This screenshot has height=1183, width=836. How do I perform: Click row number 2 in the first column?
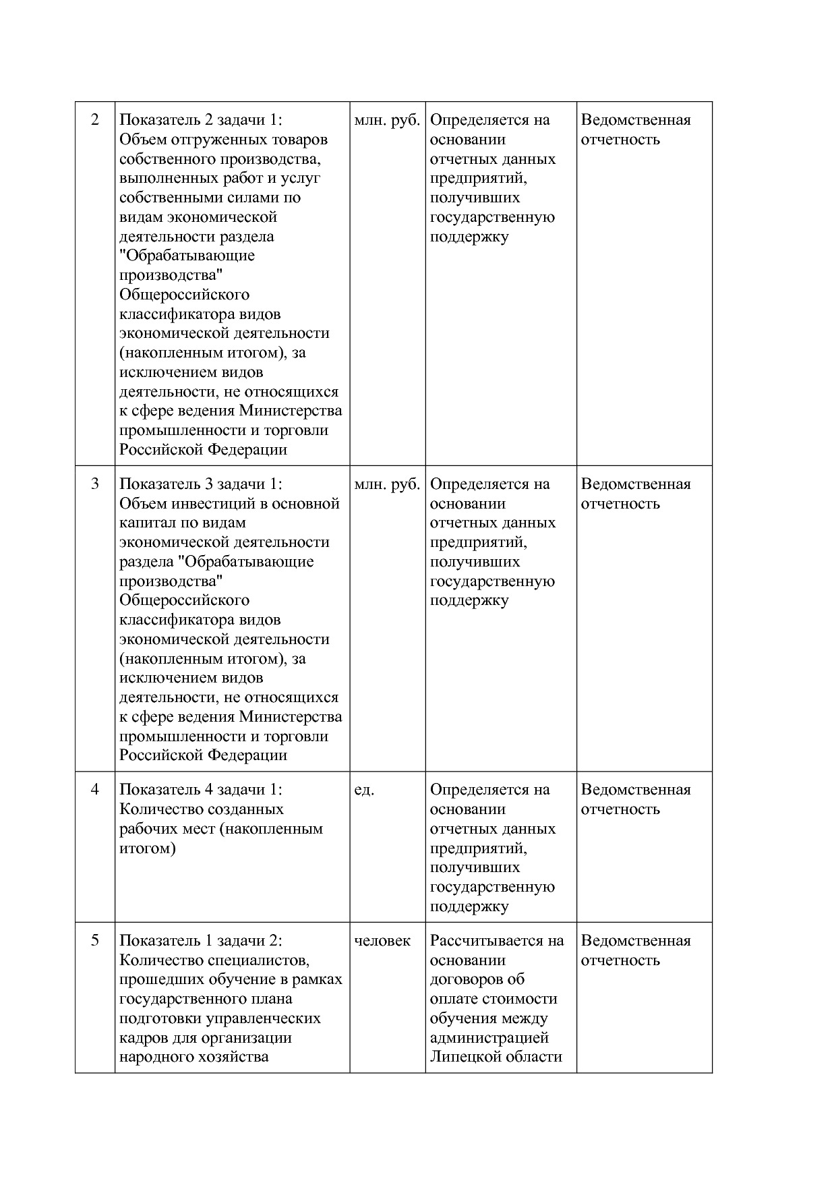(94, 120)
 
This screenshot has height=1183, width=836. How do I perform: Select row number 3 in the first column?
(94, 484)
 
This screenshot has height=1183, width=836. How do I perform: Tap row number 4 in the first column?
(94, 790)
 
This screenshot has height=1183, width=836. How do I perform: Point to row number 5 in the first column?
(94, 941)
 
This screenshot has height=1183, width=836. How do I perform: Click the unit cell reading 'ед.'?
(364, 790)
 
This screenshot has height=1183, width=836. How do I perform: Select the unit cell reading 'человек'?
(382, 941)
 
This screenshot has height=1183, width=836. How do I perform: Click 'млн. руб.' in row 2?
(387, 120)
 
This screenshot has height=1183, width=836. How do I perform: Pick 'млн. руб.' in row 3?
(387, 484)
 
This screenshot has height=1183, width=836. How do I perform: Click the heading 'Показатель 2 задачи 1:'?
(201, 120)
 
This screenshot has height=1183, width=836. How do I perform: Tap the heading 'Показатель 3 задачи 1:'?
(201, 484)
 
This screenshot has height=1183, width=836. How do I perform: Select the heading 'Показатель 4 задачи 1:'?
(201, 790)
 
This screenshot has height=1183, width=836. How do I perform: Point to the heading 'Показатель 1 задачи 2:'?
(201, 941)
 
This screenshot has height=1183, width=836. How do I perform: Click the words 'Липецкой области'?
(496, 1057)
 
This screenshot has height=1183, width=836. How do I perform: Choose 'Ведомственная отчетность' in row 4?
(635, 799)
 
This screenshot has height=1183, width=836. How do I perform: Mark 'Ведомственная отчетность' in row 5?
(635, 950)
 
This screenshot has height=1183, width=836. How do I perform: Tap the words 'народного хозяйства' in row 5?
(193, 1057)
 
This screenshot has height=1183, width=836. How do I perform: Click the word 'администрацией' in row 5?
(489, 1037)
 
